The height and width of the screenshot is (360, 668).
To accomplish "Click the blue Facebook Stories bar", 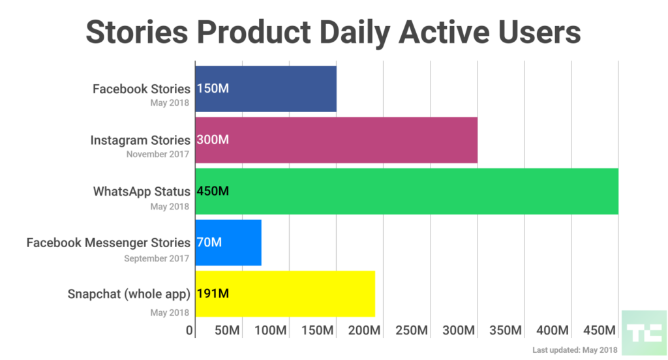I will (266, 89).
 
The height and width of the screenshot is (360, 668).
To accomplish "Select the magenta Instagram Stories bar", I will (336, 140).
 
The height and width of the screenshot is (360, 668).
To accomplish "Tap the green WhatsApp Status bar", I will (406, 191).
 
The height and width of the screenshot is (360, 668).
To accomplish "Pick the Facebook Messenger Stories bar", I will (228, 243).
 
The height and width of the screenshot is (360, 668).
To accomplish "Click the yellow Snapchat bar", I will (285, 293).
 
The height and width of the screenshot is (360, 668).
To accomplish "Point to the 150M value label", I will (213, 89).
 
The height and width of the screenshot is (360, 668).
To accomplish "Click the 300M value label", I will (213, 140).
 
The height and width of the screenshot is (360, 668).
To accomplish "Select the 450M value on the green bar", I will (213, 191).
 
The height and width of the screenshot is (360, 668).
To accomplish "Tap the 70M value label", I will (209, 243).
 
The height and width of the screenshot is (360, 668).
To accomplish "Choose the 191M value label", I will (213, 293).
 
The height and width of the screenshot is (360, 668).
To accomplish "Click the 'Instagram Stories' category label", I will (140, 140).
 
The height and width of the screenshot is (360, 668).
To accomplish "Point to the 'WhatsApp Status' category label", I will (142, 191).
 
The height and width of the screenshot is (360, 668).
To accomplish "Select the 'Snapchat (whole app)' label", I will (129, 293).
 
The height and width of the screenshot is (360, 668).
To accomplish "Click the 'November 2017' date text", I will (158, 155).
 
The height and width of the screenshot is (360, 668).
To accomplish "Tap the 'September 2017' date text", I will (157, 258).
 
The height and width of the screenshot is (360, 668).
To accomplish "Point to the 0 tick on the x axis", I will (190, 331).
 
